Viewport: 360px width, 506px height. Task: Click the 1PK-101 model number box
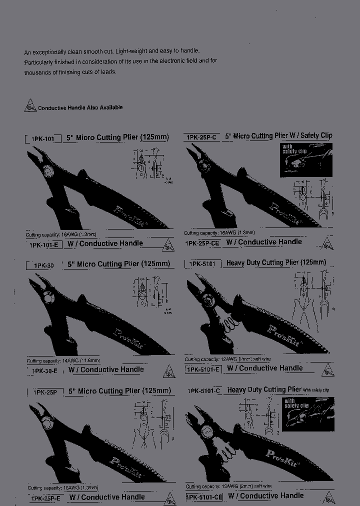[43, 139]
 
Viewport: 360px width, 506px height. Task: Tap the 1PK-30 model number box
[43, 266]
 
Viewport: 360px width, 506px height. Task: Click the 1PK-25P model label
[44, 392]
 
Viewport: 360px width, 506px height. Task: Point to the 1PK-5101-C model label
[203, 391]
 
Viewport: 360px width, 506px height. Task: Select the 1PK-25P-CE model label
[202, 243]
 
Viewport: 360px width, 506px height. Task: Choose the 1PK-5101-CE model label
[204, 497]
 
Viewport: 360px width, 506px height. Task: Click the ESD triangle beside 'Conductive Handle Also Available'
[30, 105]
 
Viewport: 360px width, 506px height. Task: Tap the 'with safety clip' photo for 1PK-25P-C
[306, 159]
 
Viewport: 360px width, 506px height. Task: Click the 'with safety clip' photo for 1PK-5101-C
[307, 413]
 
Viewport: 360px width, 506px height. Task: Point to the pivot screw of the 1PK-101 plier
[47, 169]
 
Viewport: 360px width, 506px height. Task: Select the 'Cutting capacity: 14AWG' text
[63, 360]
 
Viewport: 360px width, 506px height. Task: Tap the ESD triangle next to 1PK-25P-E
[169, 497]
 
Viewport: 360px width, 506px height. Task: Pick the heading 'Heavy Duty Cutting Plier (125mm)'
[276, 262]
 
